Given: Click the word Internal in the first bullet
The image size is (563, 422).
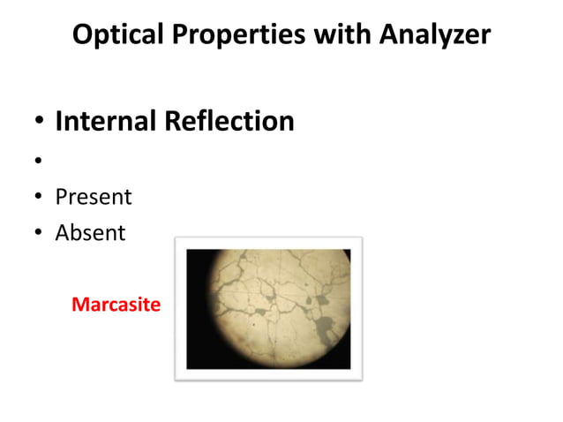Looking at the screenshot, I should pyautogui.click(x=106, y=121).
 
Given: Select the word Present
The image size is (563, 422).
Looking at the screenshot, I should pyautogui.click(x=93, y=196).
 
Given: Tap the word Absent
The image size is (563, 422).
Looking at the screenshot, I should pyautogui.click(x=90, y=233).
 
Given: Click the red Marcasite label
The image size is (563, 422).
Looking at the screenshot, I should pyautogui.click(x=116, y=305).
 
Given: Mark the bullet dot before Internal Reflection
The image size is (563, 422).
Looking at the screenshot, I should pyautogui.click(x=39, y=123).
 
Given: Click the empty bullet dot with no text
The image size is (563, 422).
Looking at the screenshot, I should pyautogui.click(x=39, y=161).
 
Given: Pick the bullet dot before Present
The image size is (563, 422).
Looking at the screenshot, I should pyautogui.click(x=39, y=198).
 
